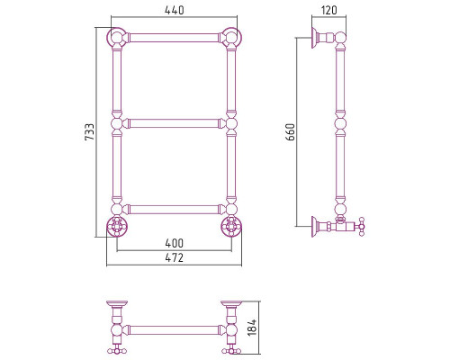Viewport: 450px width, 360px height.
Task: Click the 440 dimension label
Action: pyautogui.click(x=175, y=10)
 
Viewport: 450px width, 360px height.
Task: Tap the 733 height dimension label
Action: pyautogui.click(x=89, y=131)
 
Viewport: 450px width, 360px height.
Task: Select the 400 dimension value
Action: pyautogui.click(x=174, y=243)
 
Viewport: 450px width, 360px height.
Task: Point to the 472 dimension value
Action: pyautogui.click(x=174, y=257)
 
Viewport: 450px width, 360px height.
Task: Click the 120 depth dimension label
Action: pyautogui.click(x=329, y=10)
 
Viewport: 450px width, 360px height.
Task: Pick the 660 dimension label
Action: pyautogui.click(x=291, y=131)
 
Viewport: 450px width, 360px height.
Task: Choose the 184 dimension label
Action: pyautogui.click(x=252, y=328)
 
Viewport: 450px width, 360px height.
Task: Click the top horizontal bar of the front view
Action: pyautogui.click(x=174, y=38)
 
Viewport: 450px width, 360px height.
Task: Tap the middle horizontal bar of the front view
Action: pyautogui.click(x=174, y=123)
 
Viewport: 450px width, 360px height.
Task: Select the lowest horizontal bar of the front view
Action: pyautogui.click(x=174, y=210)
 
